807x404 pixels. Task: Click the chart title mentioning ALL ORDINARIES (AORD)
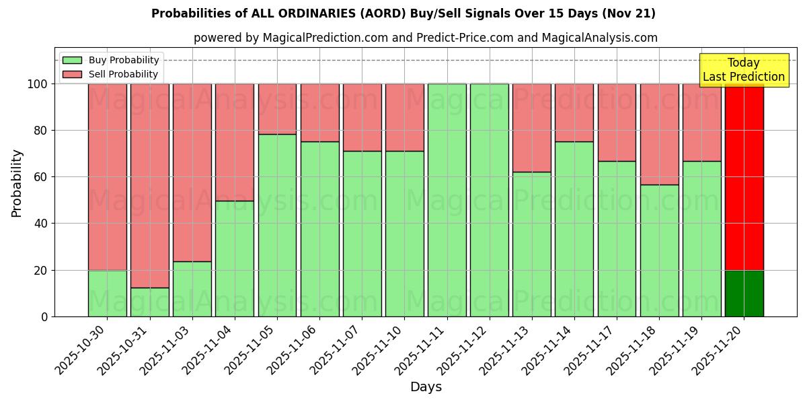click(403, 13)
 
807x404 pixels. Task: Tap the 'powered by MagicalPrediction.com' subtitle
click(425, 38)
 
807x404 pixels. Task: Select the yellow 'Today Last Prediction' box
click(743, 70)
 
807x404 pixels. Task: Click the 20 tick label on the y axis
click(41, 270)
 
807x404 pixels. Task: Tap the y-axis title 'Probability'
click(17, 183)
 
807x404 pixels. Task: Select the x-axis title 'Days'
click(426, 387)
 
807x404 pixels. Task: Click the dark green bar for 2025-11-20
click(744, 294)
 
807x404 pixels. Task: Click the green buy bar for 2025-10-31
click(149, 302)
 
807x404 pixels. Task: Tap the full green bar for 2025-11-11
click(447, 200)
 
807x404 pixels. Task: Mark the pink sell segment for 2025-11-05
click(277, 109)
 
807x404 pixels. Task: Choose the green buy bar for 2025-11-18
click(659, 250)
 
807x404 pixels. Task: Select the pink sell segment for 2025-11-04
click(235, 142)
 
